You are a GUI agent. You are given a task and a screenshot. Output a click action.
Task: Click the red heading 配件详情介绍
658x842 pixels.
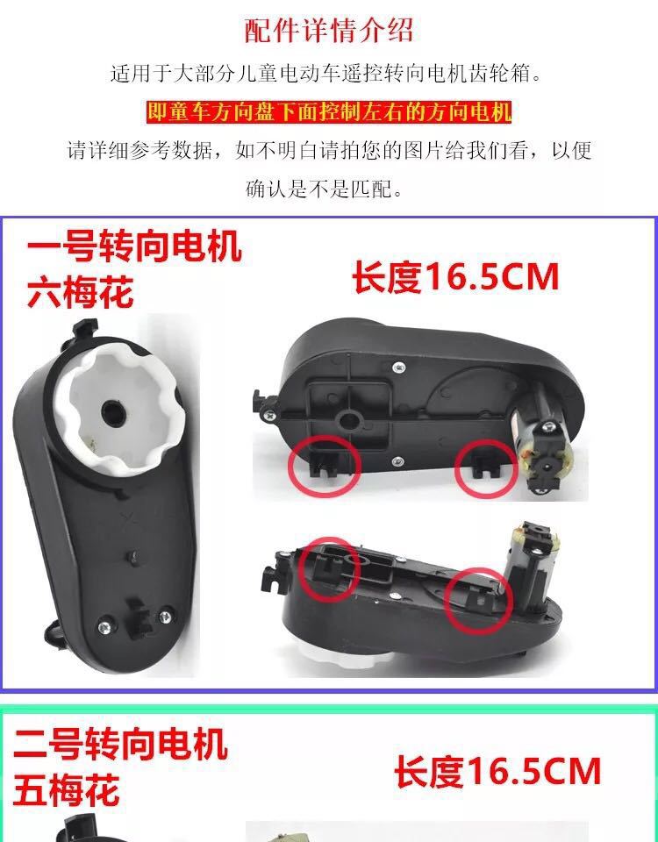click(x=329, y=30)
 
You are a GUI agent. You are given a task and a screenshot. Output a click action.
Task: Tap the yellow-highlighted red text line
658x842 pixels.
click(x=329, y=112)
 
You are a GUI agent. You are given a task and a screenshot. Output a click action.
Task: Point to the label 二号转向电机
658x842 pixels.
click(x=120, y=744)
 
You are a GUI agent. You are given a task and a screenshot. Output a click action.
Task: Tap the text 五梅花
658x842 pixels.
click(x=67, y=790)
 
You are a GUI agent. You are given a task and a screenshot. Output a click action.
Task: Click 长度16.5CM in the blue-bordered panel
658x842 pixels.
click(x=455, y=277)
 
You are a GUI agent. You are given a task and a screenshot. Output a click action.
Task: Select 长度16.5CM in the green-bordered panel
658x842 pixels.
click(x=497, y=772)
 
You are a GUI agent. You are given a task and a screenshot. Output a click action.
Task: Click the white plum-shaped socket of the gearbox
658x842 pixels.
click(x=118, y=408)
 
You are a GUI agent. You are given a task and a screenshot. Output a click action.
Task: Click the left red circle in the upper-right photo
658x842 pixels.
click(x=324, y=465)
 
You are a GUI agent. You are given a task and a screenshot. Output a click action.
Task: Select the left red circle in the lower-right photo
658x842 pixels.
click(x=329, y=568)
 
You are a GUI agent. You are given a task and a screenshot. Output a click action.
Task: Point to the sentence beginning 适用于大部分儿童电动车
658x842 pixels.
click(x=326, y=73)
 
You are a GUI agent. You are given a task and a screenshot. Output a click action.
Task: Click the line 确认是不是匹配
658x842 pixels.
click(x=325, y=189)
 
